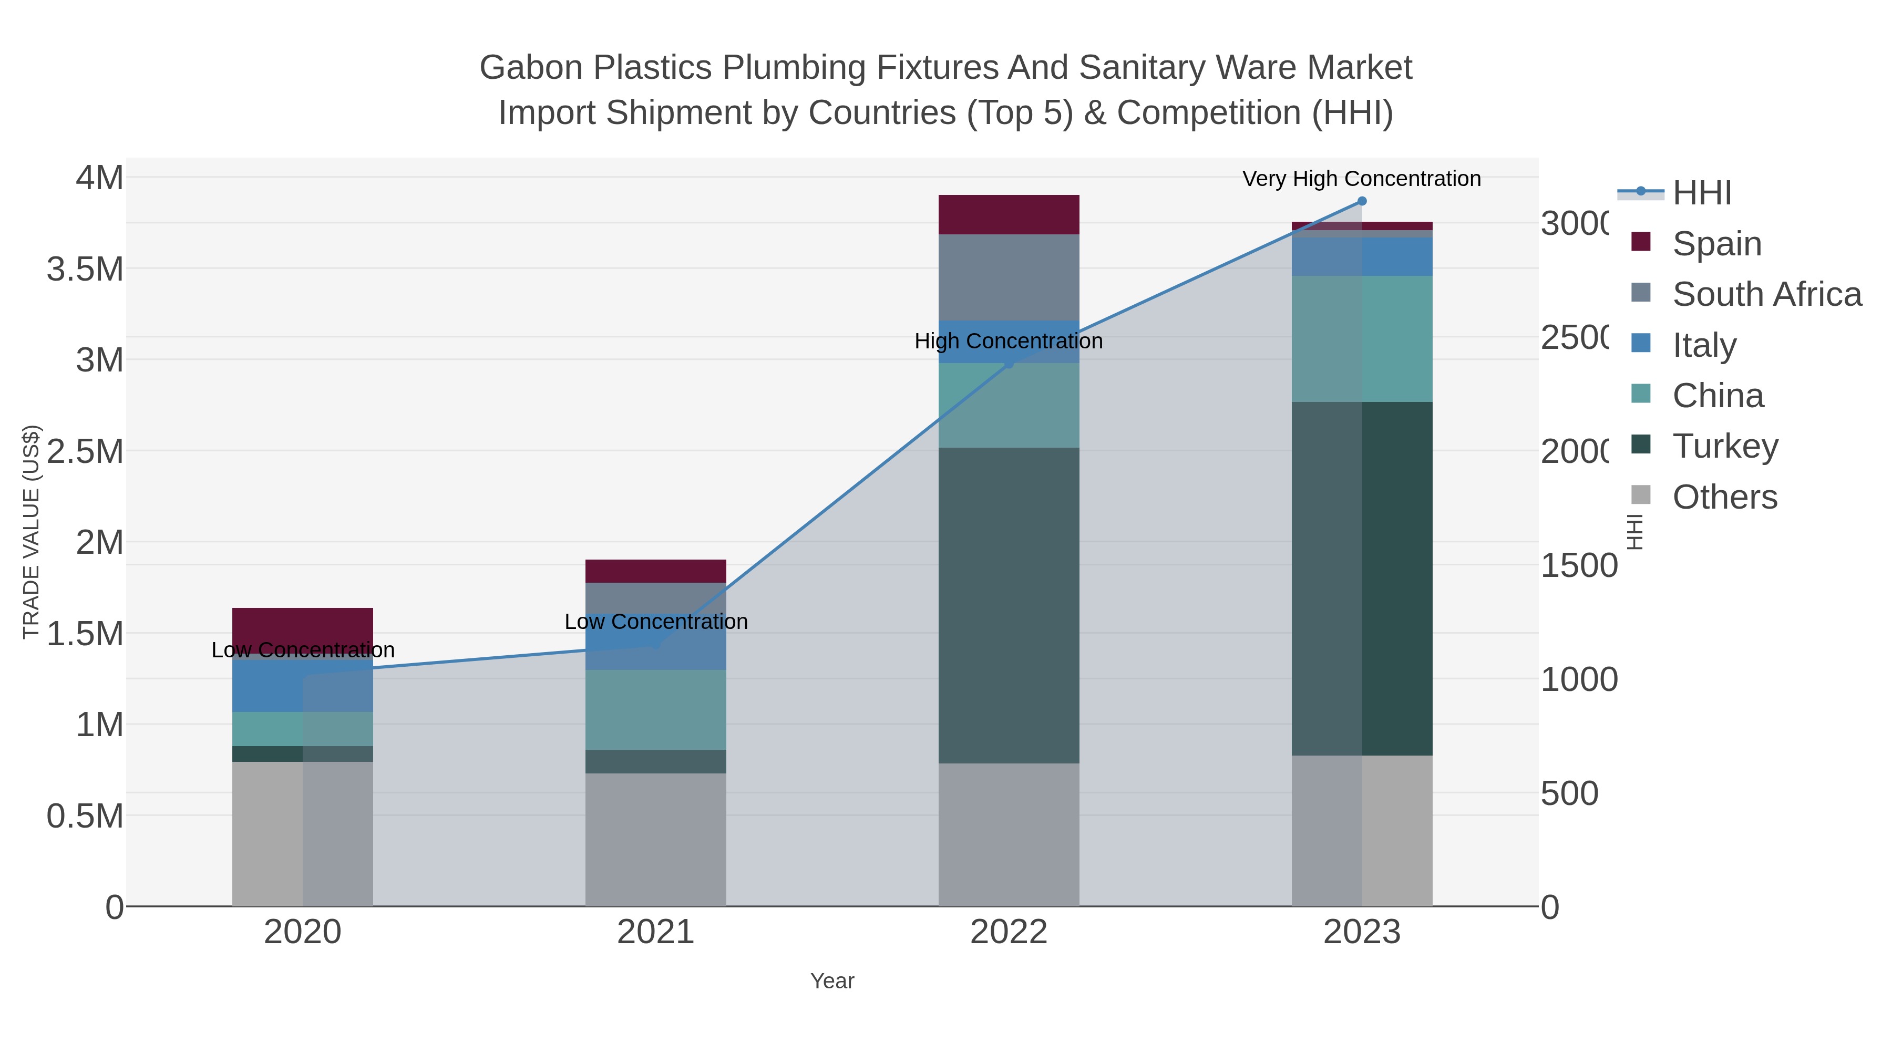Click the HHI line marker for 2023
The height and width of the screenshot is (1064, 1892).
click(1362, 201)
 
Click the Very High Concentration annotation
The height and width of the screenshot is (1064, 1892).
click(1361, 179)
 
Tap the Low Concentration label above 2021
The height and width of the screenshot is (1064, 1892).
click(656, 622)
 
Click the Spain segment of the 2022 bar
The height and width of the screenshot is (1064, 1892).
click(1009, 214)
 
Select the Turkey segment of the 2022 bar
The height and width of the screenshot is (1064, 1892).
click(1009, 605)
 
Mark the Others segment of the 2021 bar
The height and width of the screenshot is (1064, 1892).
click(655, 839)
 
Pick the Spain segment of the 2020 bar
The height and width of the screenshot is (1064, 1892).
click(303, 624)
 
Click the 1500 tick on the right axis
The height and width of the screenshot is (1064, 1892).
click(1578, 566)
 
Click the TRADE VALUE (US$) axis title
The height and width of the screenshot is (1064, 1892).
click(31, 532)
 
